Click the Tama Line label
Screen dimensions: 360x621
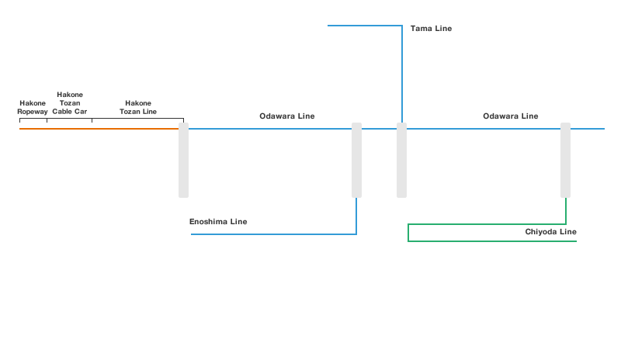pyautogui.click(x=431, y=29)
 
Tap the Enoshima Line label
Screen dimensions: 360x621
pyautogui.click(x=218, y=222)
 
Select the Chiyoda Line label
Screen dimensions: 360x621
pyautogui.click(x=551, y=232)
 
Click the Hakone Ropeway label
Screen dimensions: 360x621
pyautogui.click(x=33, y=107)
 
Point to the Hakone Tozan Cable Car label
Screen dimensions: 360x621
pyautogui.click(x=70, y=103)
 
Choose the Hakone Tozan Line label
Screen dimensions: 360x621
pyautogui.click(x=138, y=107)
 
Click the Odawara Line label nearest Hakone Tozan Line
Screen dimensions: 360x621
pyautogui.click(x=286, y=116)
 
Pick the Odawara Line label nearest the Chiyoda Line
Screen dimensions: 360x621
pyautogui.click(x=510, y=116)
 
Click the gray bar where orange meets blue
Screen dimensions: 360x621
pyautogui.click(x=183, y=159)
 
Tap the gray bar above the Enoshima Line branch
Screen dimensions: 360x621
pyautogui.click(x=356, y=159)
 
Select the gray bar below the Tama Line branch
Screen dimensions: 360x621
pyautogui.click(x=401, y=159)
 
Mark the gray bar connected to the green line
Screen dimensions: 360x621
pyautogui.click(x=565, y=159)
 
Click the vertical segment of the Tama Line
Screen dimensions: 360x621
pyautogui.click(x=401, y=74)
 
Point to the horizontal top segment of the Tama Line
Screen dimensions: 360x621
pyautogui.click(x=364, y=26)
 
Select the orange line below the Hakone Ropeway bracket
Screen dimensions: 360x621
pyautogui.click(x=33, y=129)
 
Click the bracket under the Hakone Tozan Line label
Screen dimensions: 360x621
pyautogui.click(x=137, y=119)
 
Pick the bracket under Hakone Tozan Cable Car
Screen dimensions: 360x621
pyautogui.click(x=69, y=119)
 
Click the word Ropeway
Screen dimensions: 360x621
pyautogui.click(x=33, y=112)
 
